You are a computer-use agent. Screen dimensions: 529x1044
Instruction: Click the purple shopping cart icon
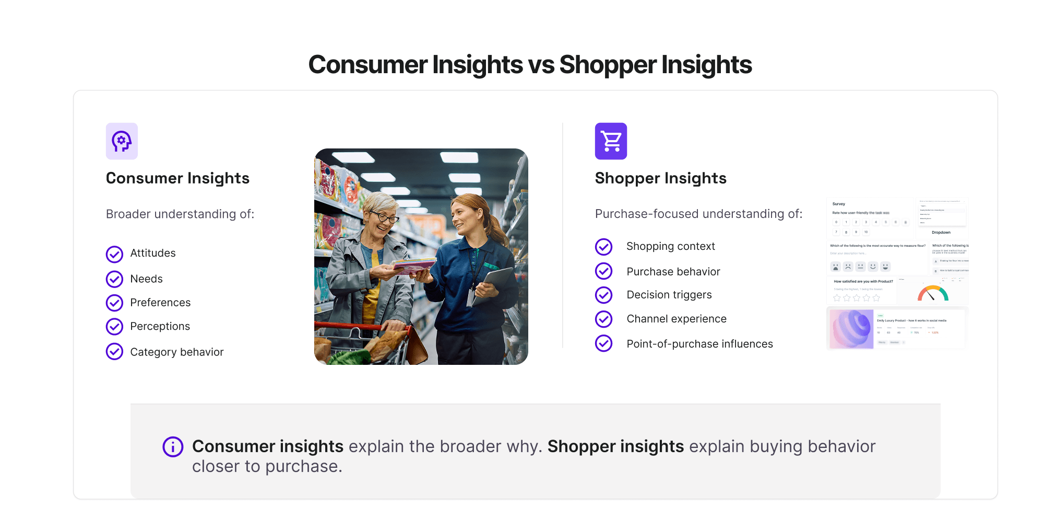611,141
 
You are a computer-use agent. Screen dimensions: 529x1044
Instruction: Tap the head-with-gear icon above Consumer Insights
122,141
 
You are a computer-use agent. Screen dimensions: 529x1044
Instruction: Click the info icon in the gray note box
173,447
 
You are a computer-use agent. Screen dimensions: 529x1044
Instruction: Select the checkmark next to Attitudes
114,254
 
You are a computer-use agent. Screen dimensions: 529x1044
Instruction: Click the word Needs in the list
146,279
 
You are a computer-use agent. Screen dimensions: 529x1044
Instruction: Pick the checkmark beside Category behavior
114,352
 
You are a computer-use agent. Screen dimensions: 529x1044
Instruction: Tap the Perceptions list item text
160,326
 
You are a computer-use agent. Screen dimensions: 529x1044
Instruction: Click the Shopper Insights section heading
660,178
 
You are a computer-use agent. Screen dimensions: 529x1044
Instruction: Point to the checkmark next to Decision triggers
603,295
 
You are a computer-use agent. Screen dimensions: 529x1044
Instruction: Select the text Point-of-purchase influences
699,344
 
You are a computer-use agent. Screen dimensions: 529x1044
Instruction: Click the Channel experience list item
677,319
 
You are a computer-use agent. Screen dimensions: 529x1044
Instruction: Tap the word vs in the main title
541,65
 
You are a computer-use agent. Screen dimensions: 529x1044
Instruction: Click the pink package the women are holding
413,265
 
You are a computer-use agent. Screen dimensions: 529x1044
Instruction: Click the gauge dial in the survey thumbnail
933,294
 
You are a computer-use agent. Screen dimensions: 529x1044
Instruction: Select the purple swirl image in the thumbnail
851,329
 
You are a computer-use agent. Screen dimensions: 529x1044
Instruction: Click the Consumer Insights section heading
177,178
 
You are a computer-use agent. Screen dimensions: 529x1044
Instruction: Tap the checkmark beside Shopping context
603,247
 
